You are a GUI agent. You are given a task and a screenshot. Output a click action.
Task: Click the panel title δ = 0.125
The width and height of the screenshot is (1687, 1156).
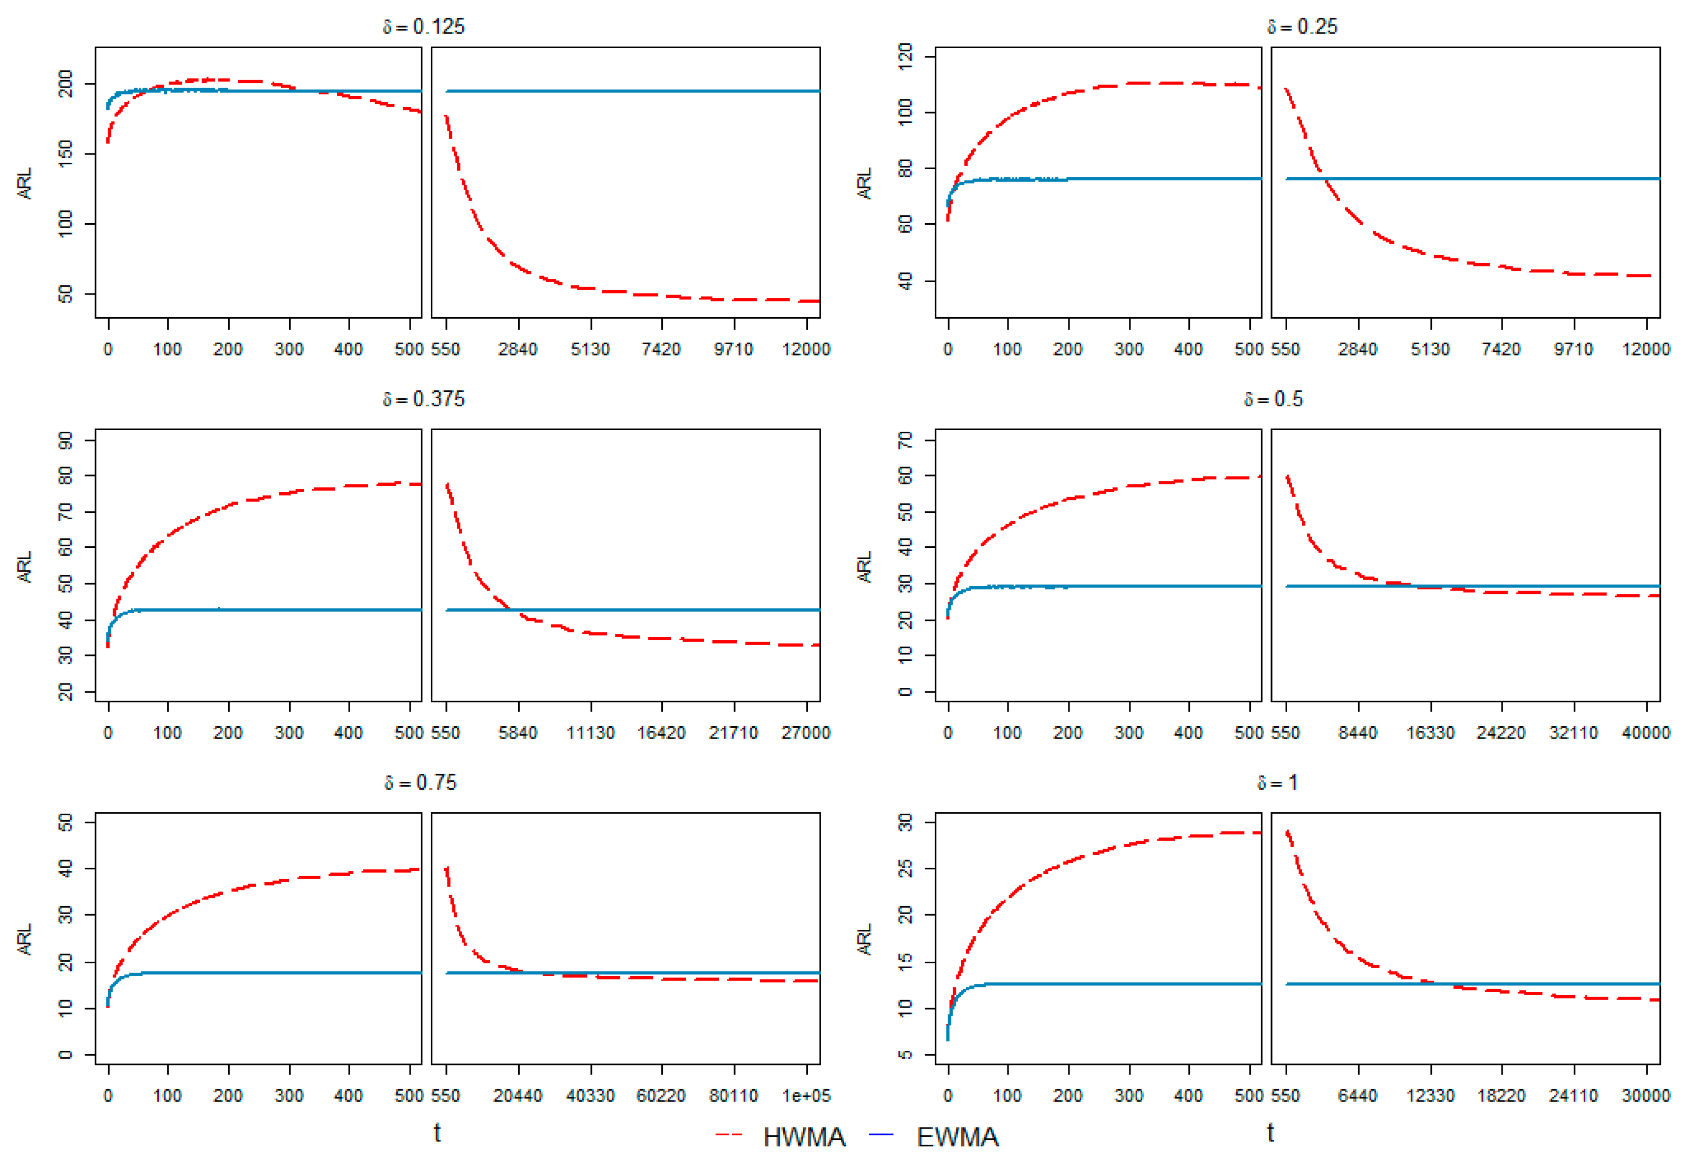pyautogui.click(x=424, y=27)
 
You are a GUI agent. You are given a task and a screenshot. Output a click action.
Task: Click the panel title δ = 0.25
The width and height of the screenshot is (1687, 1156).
pyautogui.click(x=1302, y=27)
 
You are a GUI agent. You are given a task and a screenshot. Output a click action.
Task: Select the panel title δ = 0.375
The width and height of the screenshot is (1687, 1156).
pyautogui.click(x=424, y=399)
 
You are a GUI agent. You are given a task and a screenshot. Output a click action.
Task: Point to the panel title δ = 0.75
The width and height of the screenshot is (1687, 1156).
pyautogui.click(x=421, y=783)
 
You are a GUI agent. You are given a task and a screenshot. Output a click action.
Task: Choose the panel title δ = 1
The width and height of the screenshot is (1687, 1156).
pyautogui.click(x=1277, y=783)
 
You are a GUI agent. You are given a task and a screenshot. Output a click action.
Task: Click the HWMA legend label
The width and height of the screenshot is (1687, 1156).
pyautogui.click(x=804, y=1137)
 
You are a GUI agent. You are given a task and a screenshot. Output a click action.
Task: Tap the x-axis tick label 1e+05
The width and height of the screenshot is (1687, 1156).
pyautogui.click(x=806, y=1096)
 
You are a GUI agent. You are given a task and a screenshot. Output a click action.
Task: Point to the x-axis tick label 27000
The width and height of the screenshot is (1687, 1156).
pyautogui.click(x=806, y=733)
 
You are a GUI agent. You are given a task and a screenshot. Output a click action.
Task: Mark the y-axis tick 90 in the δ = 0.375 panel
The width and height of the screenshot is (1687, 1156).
pyautogui.click(x=65, y=441)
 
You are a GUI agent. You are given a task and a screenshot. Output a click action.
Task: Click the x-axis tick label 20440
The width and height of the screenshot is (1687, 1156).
pyautogui.click(x=518, y=1096)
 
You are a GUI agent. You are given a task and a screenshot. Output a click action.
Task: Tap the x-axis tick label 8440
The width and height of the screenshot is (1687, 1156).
pyautogui.click(x=1358, y=733)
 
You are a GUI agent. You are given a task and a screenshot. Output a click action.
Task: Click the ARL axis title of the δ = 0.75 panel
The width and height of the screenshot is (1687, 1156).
pyautogui.click(x=25, y=939)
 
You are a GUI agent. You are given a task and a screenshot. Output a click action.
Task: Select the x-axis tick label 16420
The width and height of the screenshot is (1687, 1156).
pyautogui.click(x=661, y=733)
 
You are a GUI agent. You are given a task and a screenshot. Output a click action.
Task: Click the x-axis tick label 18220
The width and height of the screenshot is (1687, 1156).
pyautogui.click(x=1501, y=1096)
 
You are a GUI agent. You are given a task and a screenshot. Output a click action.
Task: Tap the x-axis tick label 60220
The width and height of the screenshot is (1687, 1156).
pyautogui.click(x=661, y=1096)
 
